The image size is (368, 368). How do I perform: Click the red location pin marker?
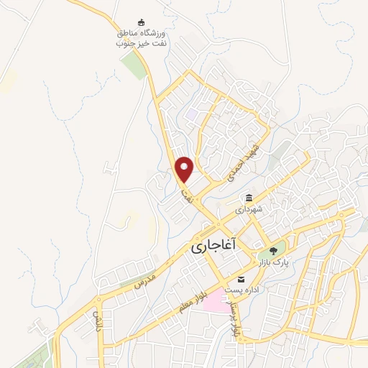point(185,170)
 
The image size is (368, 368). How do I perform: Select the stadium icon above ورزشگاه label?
point(142,22)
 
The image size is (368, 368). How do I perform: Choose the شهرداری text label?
point(249,209)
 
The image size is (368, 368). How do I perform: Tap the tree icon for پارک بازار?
point(274,252)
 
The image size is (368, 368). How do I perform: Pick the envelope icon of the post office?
point(241,279)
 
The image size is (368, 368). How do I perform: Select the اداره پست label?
point(241,290)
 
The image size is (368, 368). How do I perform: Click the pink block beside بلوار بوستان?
point(214,300)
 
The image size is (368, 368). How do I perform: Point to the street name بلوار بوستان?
point(234,318)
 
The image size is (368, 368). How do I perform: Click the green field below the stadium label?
point(134,67)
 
